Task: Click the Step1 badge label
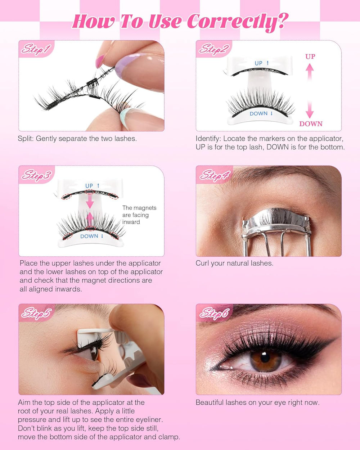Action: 36,49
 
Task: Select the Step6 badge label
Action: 215,313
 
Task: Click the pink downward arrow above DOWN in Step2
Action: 310,108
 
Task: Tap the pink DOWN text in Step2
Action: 311,123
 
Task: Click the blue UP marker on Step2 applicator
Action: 261,63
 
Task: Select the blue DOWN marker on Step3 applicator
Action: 91,236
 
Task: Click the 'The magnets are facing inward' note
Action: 139,215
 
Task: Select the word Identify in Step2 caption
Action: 208,139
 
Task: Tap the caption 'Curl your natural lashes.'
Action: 234,263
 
